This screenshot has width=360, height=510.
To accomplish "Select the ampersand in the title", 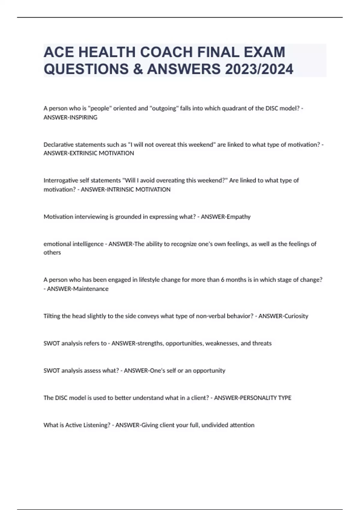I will pyautogui.click(x=136, y=69).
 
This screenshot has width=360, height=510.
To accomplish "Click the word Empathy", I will pyautogui.click(x=238, y=217).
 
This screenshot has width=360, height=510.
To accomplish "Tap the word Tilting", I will pyautogui.click(x=52, y=316).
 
